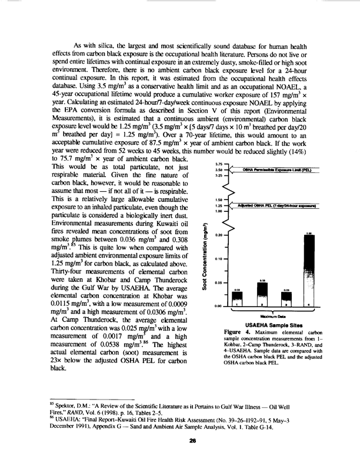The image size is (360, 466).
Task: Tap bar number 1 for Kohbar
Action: pos(236,299)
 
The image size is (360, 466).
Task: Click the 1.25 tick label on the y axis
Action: pos(219,206)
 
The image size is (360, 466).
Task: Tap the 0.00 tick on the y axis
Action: pos(219,306)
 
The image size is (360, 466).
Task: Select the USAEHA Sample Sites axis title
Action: pos(274,325)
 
